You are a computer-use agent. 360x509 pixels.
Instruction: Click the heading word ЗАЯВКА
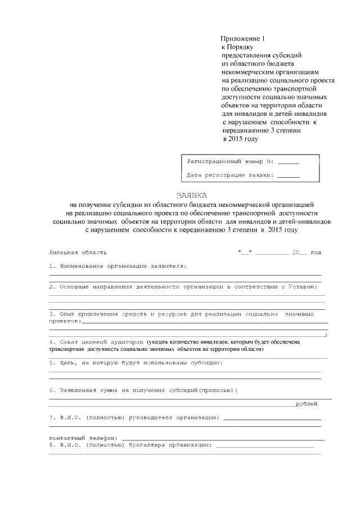[192, 196]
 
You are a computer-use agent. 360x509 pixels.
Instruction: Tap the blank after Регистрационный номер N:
[289, 162]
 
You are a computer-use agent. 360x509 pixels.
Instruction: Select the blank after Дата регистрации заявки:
[289, 175]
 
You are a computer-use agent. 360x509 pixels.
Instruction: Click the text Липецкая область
[78, 253]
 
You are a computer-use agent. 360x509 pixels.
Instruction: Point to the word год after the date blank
[316, 253]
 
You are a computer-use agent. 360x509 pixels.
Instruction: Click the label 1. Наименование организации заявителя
[118, 265]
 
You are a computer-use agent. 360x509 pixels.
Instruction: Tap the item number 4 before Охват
[51, 341]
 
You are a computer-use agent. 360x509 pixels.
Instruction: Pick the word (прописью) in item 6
[216, 390]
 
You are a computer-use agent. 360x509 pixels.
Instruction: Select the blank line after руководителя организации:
[272, 418]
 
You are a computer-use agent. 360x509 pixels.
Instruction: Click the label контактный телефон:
[83, 438]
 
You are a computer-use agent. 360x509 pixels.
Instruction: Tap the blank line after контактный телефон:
[222, 438]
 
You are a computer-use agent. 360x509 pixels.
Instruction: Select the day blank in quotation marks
[244, 253]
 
